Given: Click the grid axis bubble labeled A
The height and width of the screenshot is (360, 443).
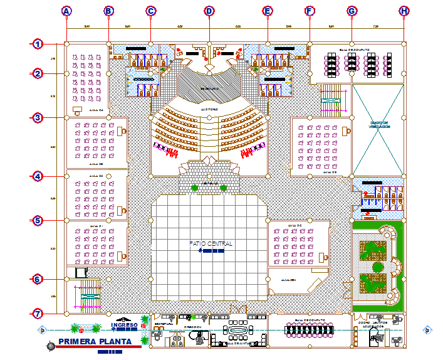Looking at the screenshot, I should coord(67,11).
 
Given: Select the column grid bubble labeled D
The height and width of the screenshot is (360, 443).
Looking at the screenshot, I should coord(209,11).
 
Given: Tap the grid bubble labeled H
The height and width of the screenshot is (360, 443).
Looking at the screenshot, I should coord(404,11).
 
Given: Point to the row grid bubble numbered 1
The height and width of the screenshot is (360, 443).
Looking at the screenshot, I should coord(38,44).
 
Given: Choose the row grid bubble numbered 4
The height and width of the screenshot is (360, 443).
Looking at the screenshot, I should coord(38,176).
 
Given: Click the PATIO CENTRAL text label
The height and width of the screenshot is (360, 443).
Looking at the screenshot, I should coord(211,243).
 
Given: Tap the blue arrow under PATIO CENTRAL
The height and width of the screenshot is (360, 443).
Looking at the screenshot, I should coord(211,251).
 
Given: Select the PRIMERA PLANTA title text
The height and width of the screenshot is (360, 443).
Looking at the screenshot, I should coord(95,342).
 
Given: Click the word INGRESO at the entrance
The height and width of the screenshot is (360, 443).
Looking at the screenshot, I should coord(123,325).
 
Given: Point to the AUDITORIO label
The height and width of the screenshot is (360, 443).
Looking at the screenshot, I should coord(209,109).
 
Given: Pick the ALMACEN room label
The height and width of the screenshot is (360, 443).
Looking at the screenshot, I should coord(288,280).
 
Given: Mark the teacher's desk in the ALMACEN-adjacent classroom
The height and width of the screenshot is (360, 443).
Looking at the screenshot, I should coord(323,257).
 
